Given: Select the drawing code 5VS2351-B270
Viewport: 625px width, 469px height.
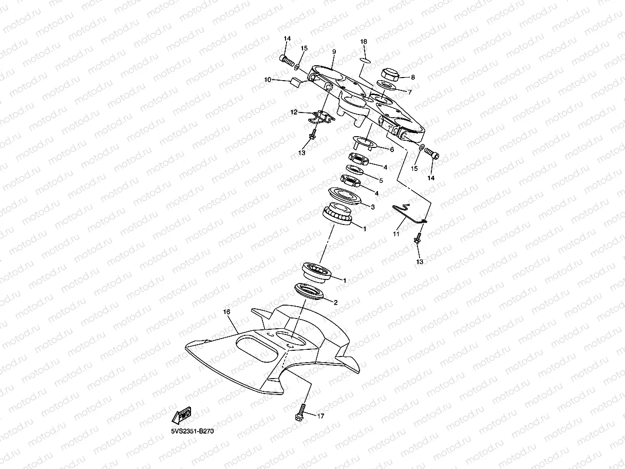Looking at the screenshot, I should pos(193,432).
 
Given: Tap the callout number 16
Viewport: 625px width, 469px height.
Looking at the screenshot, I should pos(226,312).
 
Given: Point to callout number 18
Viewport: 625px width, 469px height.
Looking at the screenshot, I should pos(364,41).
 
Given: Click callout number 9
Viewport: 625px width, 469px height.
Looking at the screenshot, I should pos(334,52).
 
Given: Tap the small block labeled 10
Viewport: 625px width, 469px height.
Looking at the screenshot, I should pos(295,82).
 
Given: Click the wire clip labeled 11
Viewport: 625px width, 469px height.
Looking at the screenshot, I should pos(408,213).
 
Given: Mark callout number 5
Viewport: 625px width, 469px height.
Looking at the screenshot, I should pos(381,180).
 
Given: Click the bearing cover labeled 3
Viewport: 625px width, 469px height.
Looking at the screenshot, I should pos(345,196).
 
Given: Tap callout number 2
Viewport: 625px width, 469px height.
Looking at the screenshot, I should pos(335,303).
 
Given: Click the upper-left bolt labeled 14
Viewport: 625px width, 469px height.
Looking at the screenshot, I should pos(288,61).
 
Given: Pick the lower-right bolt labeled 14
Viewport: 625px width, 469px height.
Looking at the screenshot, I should pos(430,153).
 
